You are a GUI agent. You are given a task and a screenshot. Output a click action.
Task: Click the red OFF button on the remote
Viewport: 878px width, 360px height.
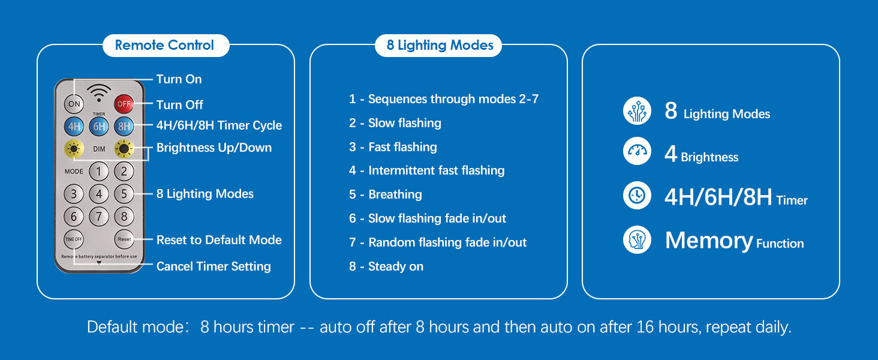(124, 104)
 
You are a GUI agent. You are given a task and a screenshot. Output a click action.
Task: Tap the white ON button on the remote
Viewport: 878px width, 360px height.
(74, 104)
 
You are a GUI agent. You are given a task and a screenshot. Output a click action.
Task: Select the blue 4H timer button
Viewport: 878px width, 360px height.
(74, 126)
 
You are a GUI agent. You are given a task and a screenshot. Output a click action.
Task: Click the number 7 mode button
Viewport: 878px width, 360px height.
(99, 217)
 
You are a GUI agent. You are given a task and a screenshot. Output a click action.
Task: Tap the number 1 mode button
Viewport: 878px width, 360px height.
(99, 172)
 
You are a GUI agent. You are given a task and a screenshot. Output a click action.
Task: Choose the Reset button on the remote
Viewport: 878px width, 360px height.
(124, 239)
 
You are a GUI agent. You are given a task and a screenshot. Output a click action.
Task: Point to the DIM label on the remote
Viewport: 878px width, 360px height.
(99, 149)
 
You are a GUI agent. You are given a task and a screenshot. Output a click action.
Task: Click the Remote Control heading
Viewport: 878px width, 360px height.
(164, 45)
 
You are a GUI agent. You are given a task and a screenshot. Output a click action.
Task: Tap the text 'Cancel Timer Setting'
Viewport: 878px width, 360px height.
(214, 266)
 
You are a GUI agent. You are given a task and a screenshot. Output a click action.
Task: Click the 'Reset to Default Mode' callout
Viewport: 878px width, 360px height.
(219, 239)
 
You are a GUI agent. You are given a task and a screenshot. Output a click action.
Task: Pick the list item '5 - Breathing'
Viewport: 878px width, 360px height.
(385, 194)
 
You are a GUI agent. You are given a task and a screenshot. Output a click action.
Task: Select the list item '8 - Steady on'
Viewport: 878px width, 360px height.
(386, 266)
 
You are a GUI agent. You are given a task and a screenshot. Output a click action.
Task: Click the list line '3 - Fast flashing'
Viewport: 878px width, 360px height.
(393, 146)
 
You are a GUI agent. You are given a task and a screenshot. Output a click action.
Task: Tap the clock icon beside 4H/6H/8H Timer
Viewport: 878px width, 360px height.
(637, 195)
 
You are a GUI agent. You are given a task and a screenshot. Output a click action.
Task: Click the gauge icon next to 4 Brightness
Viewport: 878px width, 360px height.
(637, 151)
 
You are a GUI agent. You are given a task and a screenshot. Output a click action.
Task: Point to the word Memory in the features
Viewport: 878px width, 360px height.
(709, 241)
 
